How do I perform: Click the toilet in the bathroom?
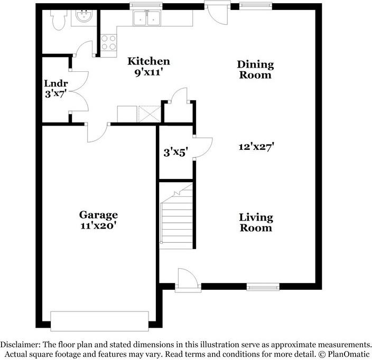[58, 20]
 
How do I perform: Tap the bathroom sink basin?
[83, 16]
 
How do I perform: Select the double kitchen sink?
[147, 18]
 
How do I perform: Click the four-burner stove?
[109, 43]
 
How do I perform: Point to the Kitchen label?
[149, 61]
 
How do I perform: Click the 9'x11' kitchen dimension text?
[149, 72]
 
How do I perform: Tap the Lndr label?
[56, 83]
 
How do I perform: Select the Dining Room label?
[255, 70]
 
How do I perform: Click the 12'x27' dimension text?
[256, 147]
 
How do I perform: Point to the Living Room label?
[256, 223]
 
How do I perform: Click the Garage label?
[98, 215]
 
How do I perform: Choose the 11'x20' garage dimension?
[98, 225]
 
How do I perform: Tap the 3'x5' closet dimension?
[176, 153]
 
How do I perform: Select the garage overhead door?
[100, 321]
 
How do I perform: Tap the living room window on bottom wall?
[263, 287]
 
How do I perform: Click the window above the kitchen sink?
[146, 6]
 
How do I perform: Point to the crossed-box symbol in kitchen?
[150, 114]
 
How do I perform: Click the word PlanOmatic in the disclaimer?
[349, 354]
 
